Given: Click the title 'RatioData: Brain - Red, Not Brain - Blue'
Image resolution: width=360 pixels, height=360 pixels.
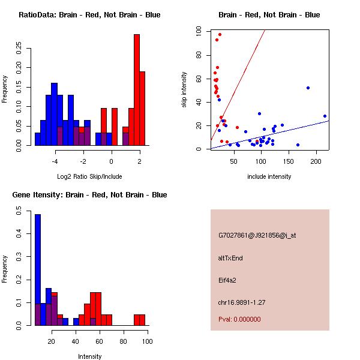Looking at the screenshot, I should pos(89,15).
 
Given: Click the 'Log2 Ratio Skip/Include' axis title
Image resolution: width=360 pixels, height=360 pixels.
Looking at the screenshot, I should pos(89,176).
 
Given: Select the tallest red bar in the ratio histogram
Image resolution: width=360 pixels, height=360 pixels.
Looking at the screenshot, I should pos(137,90).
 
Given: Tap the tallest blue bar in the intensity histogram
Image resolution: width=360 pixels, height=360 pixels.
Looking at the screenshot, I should pos(38,270).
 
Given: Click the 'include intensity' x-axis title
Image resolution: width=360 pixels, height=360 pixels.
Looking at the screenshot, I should pos(269,176).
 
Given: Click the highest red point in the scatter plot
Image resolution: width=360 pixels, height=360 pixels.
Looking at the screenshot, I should pos(220,35).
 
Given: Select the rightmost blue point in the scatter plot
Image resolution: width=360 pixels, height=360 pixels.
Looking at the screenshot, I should pos(325,116).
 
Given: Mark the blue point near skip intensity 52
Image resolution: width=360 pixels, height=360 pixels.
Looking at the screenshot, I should pos(308,88).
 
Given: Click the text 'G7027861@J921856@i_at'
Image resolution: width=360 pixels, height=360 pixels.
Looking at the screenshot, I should pos(257,235).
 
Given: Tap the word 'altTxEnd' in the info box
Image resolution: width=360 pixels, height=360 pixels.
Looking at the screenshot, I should pos(230,258).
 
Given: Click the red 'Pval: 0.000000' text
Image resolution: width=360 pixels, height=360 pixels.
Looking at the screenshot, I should pos(239,319).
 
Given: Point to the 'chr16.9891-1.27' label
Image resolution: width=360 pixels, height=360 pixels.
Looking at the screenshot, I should pos(242,302).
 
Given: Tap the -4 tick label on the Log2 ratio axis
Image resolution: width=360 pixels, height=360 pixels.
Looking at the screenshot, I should pos(55,161).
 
